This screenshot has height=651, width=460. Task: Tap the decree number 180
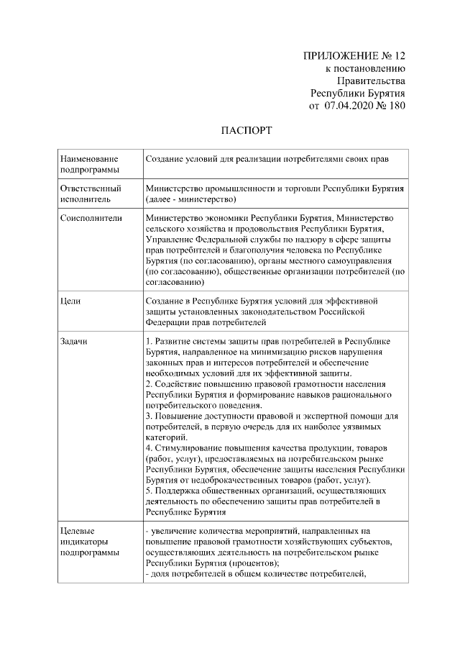396,106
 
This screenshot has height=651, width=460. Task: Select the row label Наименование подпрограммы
90,163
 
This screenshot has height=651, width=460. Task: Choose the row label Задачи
74,340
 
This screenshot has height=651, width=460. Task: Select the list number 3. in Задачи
148,416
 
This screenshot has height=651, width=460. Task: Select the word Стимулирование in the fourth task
186,448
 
